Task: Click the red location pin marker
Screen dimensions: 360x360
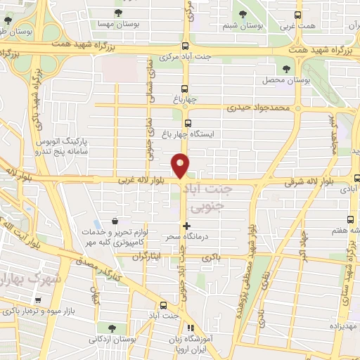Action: click(x=181, y=165)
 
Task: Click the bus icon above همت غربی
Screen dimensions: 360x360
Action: click(x=297, y=13)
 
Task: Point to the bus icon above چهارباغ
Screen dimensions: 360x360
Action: click(x=185, y=89)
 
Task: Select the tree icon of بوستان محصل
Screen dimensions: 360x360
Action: click(x=285, y=68)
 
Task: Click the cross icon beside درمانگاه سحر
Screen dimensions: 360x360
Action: click(x=186, y=226)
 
